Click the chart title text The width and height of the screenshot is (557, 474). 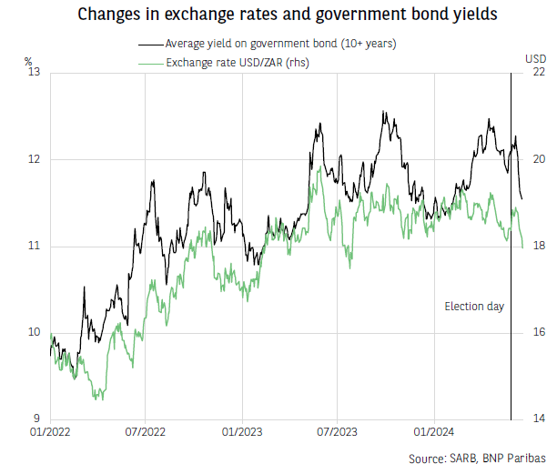point(278,15)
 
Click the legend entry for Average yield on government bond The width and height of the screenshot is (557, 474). point(268,43)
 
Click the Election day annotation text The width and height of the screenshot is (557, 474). point(473,307)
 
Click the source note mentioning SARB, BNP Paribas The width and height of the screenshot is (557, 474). point(476,458)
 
